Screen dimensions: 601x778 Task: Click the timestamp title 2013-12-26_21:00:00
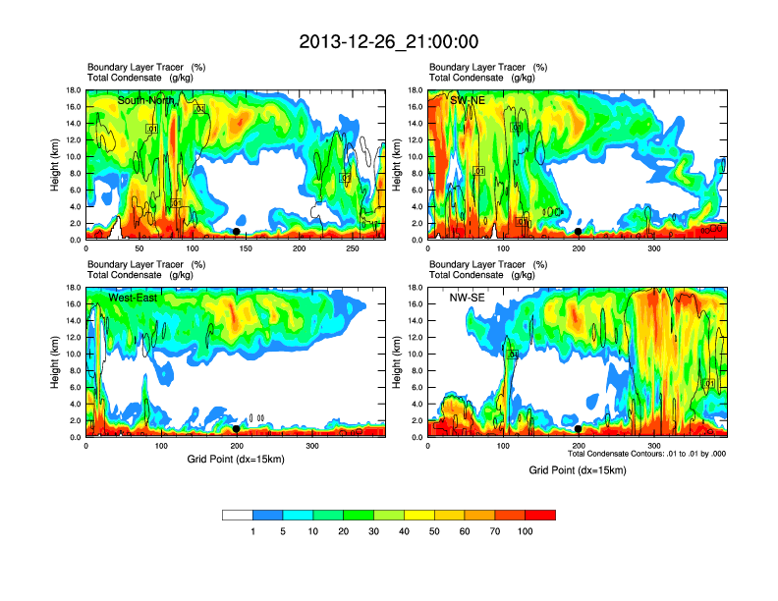click(389, 42)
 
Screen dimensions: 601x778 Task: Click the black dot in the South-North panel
click(236, 232)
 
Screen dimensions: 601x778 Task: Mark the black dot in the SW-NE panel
click(579, 232)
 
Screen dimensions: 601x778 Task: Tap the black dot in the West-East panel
click(236, 429)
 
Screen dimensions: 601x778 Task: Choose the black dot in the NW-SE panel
click(579, 429)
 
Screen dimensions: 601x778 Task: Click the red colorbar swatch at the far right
click(540, 515)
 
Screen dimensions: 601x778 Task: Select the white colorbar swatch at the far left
click(238, 515)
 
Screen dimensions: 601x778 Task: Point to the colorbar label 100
click(526, 531)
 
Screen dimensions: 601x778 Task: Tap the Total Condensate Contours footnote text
click(646, 454)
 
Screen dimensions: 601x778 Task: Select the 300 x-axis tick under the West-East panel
click(312, 447)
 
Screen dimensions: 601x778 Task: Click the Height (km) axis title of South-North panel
click(58, 164)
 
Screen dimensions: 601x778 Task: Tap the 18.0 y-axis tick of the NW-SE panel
click(416, 288)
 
